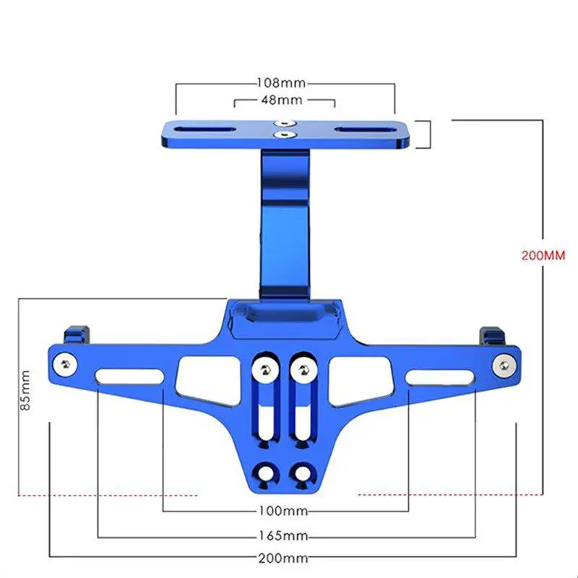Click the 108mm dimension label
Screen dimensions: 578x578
(x=281, y=82)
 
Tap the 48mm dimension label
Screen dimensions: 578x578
(x=282, y=100)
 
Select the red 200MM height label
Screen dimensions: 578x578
(x=543, y=256)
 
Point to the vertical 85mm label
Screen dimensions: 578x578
(x=25, y=390)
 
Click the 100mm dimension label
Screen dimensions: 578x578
(x=283, y=511)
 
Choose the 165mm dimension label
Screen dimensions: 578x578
(x=283, y=535)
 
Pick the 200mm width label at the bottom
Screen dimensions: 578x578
(x=283, y=558)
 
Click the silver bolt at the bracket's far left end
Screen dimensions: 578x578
(x=65, y=365)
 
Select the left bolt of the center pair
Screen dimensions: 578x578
(x=264, y=369)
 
